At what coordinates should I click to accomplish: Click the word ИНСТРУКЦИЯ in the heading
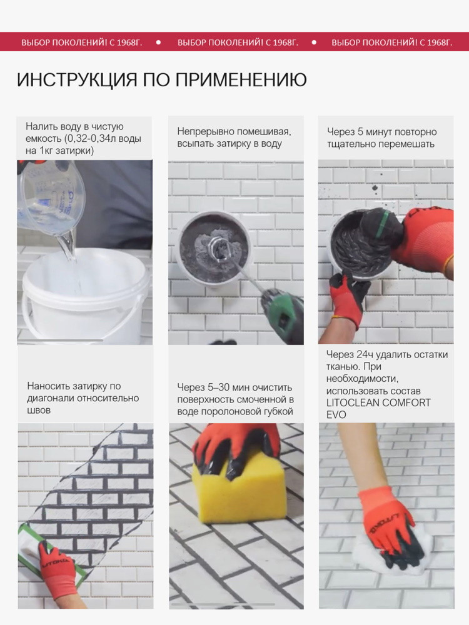(x=76, y=80)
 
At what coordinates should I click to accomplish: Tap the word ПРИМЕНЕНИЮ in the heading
(x=241, y=80)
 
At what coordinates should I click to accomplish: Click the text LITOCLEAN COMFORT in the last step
(x=378, y=402)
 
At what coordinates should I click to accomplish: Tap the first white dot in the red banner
(x=158, y=42)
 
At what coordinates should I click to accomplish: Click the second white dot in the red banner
(x=314, y=42)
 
